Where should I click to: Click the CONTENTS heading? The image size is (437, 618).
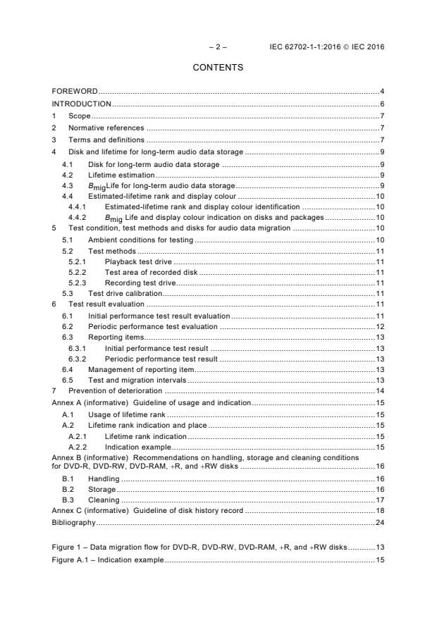[x=218, y=68]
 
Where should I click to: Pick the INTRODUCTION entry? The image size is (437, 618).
[x=82, y=104]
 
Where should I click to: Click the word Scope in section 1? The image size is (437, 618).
[x=80, y=116]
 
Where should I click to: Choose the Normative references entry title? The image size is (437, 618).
[x=106, y=128]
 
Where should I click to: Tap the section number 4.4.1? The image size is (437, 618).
[x=77, y=207]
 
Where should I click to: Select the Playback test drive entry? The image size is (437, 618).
[x=141, y=261]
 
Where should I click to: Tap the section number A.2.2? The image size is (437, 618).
[x=77, y=446]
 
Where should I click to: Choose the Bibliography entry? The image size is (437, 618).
[x=73, y=522]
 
